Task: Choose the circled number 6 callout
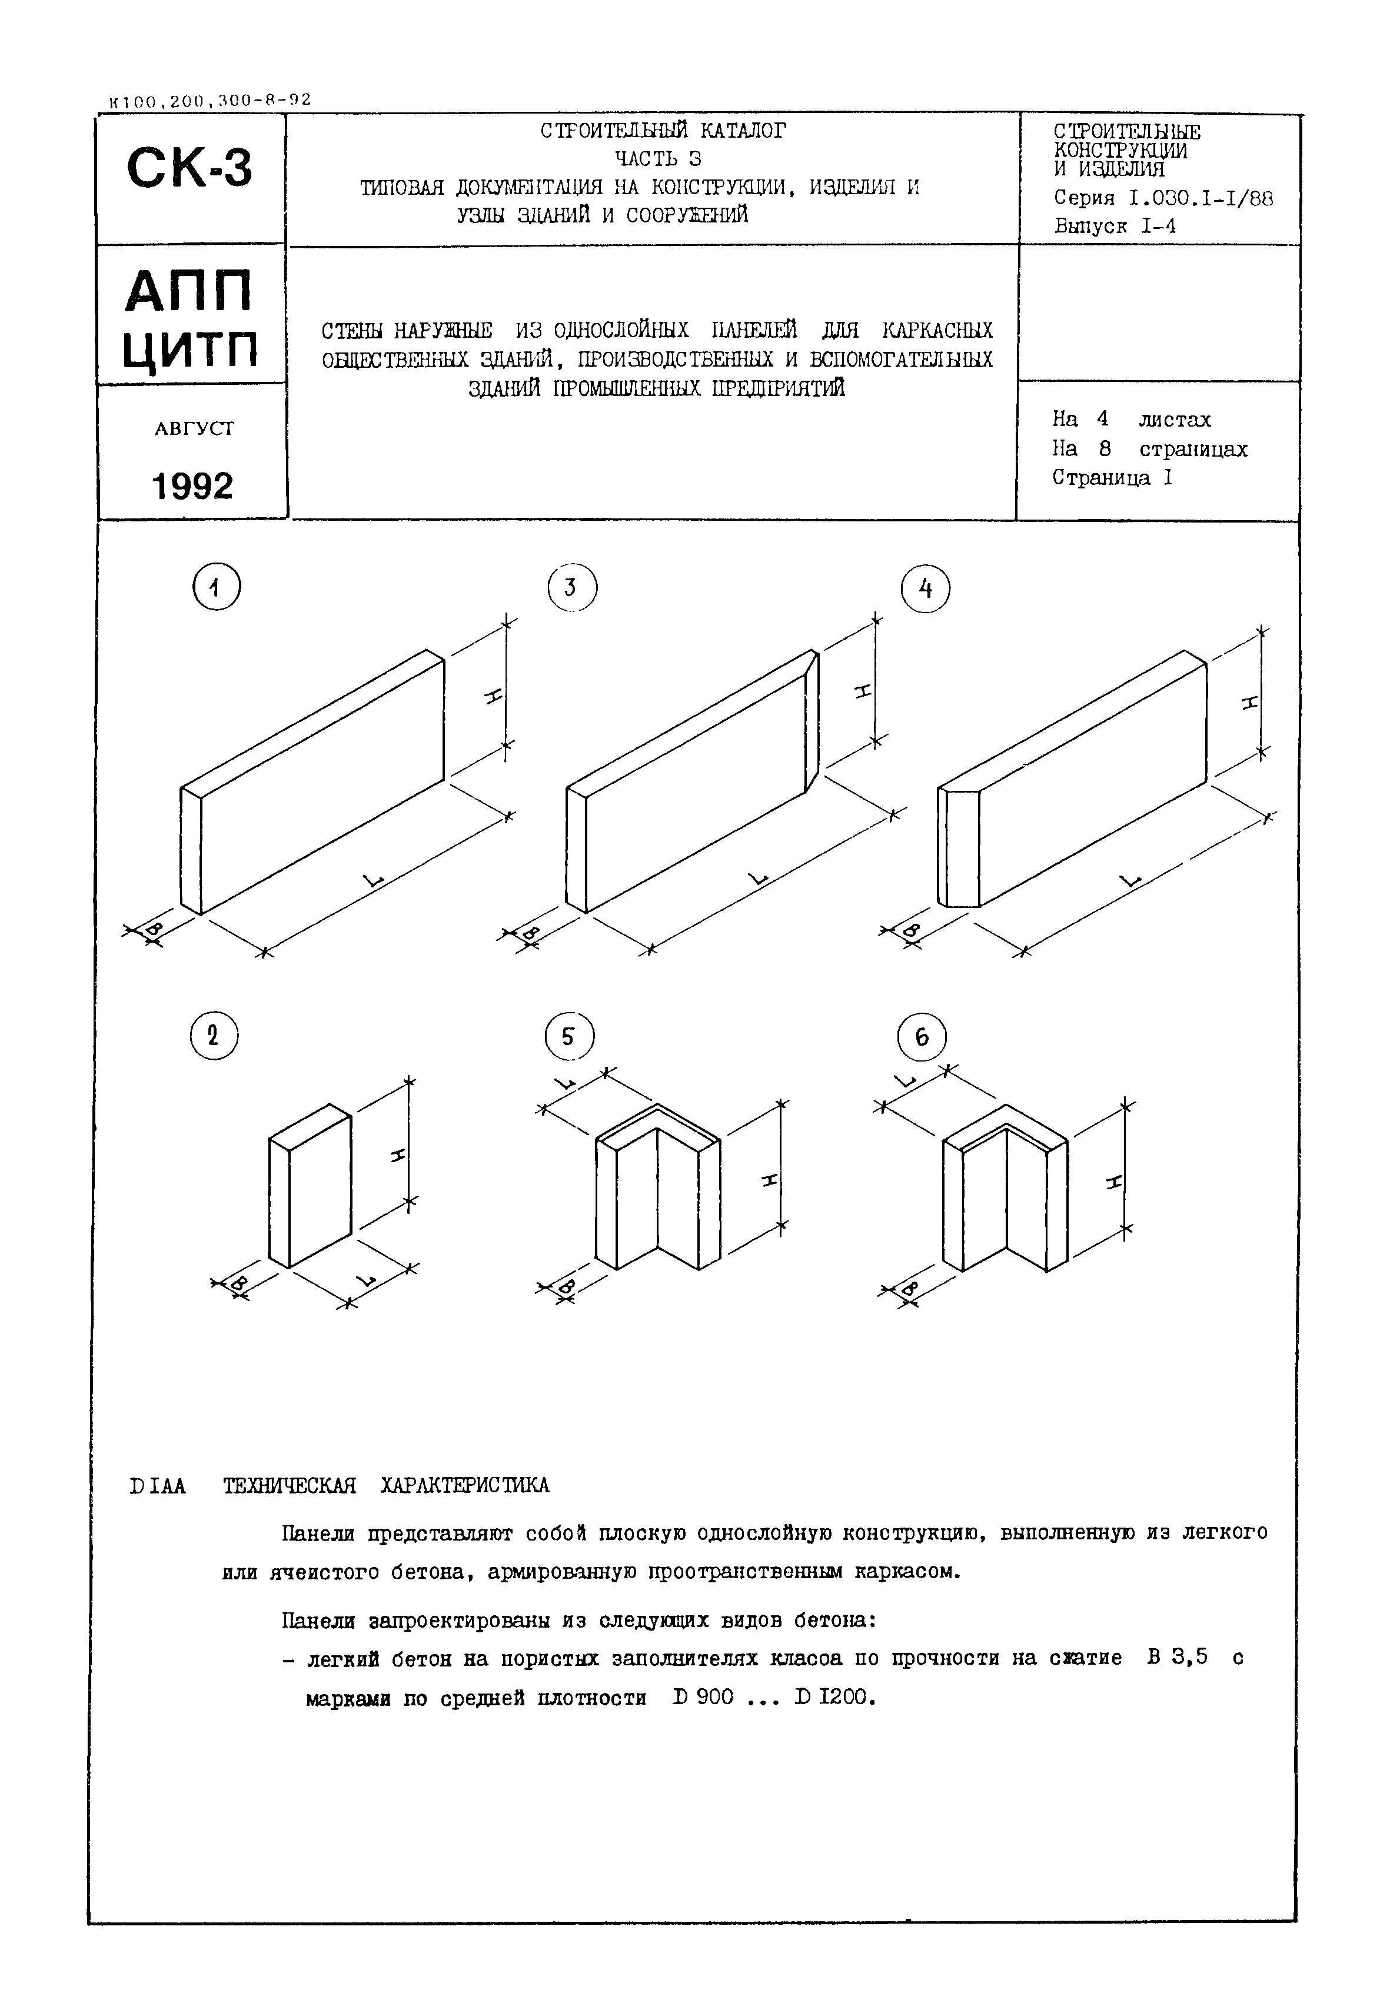point(922,1036)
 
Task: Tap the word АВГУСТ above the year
point(194,428)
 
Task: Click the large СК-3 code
point(190,168)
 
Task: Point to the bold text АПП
point(190,291)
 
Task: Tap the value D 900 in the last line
point(703,1697)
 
